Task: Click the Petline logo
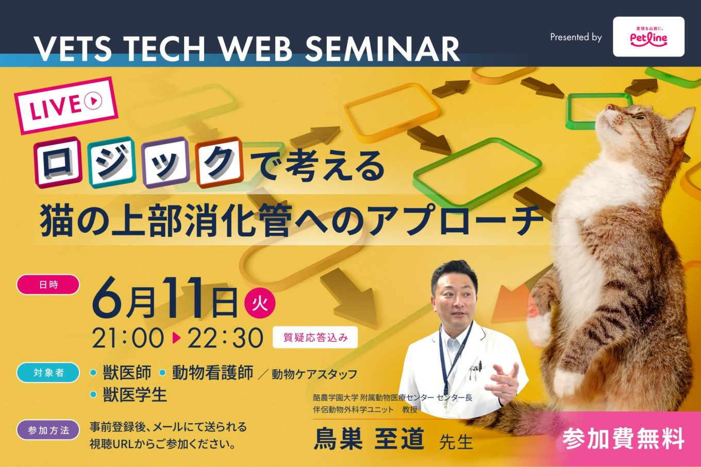[648, 37]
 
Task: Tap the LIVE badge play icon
[93, 100]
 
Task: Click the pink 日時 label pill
[48, 285]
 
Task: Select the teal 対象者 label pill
[48, 373]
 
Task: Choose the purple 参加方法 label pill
[48, 430]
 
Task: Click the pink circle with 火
[260, 303]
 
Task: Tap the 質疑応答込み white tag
[315, 338]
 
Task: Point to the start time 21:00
[128, 338]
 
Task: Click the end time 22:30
[225, 338]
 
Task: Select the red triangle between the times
[176, 338]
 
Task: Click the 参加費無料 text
[623, 439]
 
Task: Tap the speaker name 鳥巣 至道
[369, 439]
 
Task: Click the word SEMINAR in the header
[382, 49]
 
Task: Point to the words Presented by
[576, 37]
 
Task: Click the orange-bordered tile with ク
[220, 162]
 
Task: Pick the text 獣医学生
[135, 394]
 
